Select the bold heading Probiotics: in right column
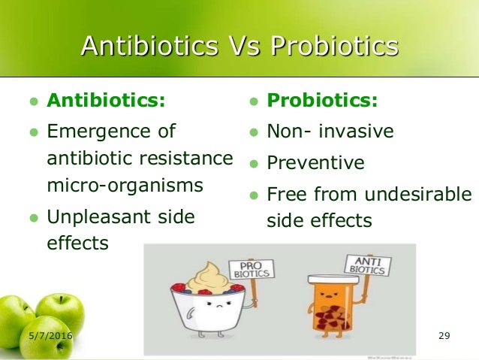[x=323, y=100]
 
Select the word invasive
[x=356, y=132]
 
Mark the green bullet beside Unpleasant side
[x=32, y=218]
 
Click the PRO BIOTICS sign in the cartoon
[x=252, y=268]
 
